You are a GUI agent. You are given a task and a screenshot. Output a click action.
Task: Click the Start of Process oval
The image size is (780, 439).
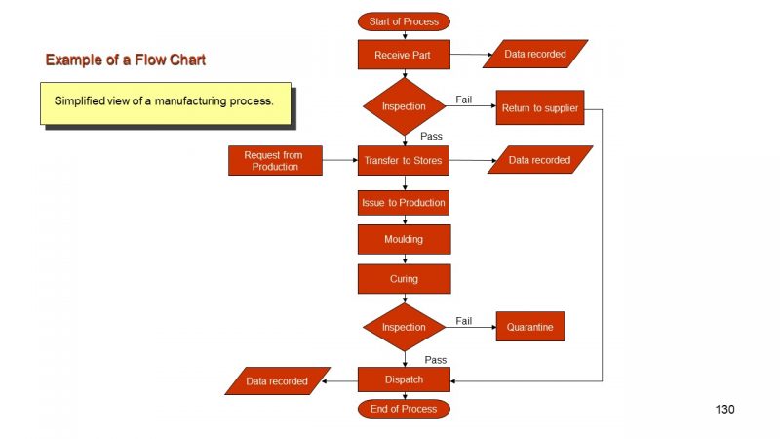(x=404, y=21)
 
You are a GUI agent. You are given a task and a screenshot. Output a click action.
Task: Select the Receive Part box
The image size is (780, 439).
(x=404, y=55)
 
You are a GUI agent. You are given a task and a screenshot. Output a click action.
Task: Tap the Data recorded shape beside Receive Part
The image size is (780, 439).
(x=535, y=55)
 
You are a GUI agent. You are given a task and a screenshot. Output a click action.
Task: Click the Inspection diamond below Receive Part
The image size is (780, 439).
(x=404, y=106)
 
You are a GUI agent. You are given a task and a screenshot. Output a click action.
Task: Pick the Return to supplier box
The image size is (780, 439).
(x=539, y=107)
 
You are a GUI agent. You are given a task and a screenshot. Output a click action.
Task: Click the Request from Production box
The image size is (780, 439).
(x=275, y=160)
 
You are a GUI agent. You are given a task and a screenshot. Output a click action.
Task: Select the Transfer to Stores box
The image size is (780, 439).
(x=404, y=160)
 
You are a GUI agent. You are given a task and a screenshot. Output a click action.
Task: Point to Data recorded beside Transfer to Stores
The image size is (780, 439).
(x=539, y=160)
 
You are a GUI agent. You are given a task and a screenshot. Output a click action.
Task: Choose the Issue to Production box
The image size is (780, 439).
(x=404, y=203)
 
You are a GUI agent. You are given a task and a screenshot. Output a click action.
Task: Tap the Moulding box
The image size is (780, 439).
(x=404, y=239)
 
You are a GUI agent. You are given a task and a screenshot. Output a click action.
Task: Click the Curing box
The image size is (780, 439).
(x=404, y=278)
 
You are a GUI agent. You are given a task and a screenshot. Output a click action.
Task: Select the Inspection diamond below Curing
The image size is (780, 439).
(x=404, y=327)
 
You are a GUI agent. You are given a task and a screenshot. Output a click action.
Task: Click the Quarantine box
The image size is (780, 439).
(x=529, y=327)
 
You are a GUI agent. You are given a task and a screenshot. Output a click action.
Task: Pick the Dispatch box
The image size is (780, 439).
(x=404, y=379)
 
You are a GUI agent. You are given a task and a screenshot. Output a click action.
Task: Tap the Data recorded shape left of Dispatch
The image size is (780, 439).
(x=277, y=381)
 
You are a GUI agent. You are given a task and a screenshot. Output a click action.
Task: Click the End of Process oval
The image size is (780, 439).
(x=404, y=409)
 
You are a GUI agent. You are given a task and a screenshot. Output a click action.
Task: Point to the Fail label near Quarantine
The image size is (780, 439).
(x=464, y=321)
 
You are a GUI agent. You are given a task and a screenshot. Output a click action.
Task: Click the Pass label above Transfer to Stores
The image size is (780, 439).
(x=432, y=137)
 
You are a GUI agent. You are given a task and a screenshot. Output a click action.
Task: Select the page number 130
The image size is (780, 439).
(x=724, y=409)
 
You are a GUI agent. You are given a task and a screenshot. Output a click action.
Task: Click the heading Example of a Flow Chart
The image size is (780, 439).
(x=125, y=60)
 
